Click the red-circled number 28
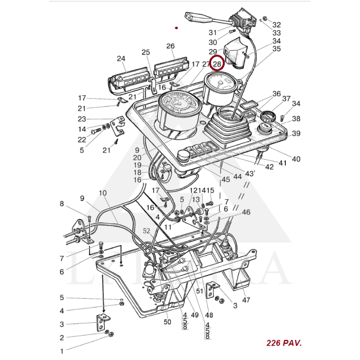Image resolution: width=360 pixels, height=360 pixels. pyautogui.click(x=217, y=64)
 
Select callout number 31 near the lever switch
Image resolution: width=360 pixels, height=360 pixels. pyautogui.click(x=212, y=32)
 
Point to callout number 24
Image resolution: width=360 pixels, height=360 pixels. pyautogui.click(x=121, y=58)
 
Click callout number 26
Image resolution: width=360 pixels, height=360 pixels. pyautogui.click(x=170, y=46)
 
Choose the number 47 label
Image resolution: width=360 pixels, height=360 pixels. pyautogui.click(x=246, y=300)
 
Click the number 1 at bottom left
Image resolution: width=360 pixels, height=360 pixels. pyautogui.click(x=63, y=351)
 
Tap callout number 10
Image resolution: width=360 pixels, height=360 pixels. pyautogui.click(x=103, y=193)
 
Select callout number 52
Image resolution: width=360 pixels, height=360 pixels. pyautogui.click(x=147, y=231)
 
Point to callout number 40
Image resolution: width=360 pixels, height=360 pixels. pyautogui.click(x=297, y=159)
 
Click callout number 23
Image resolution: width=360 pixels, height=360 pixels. pyautogui.click(x=81, y=119)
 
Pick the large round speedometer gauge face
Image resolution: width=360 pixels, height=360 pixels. pyautogui.click(x=180, y=104)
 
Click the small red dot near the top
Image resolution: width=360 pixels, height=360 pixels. pyautogui.click(x=177, y=28)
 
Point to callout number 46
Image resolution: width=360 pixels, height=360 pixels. pyautogui.click(x=246, y=212)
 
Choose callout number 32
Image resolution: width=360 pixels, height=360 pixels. pyautogui.click(x=276, y=25)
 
